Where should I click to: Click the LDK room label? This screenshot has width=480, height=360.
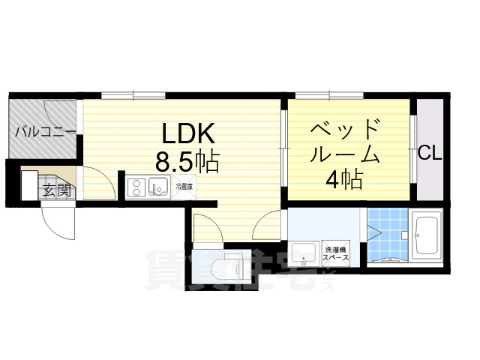[x=190, y=134]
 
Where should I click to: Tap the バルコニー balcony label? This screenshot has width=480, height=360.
[x=43, y=133]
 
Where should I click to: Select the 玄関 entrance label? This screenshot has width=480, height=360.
[x=57, y=190]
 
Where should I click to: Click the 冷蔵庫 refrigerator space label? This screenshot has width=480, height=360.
[x=184, y=187]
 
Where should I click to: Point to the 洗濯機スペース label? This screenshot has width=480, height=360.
[x=335, y=253]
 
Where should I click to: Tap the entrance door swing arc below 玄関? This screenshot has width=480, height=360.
[x=58, y=219]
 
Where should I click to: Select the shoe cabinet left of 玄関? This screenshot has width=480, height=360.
[x=28, y=184]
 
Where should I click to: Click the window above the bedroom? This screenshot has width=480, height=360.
[x=329, y=95]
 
